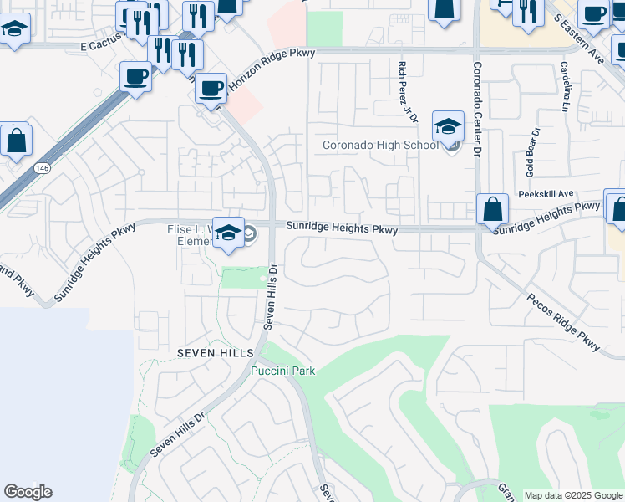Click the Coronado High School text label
click(380, 146)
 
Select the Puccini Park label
click(283, 371)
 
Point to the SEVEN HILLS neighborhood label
click(209, 354)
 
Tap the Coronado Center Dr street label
click(478, 110)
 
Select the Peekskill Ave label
click(546, 193)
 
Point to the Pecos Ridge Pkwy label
click(564, 321)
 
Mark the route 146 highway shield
click(41, 168)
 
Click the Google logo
click(28, 492)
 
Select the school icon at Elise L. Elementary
click(228, 233)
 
